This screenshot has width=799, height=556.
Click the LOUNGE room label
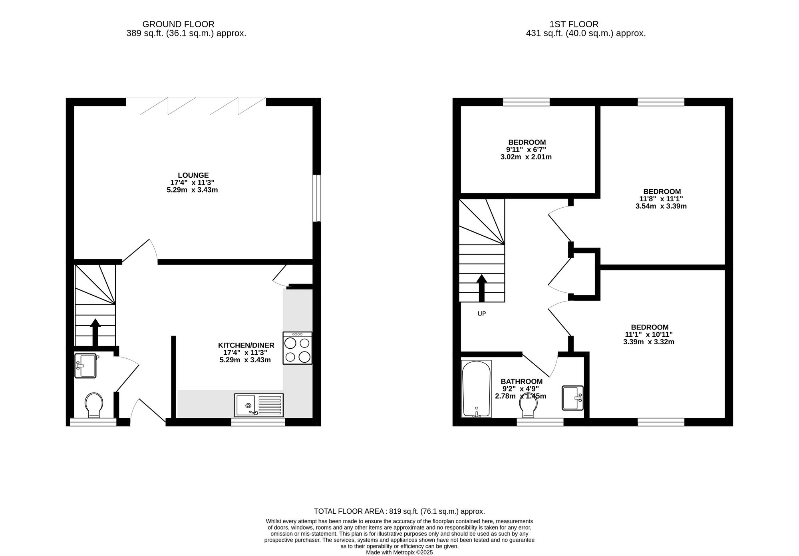pyautogui.click(x=193, y=175)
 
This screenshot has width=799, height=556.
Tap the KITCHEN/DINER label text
pyautogui.click(x=246, y=346)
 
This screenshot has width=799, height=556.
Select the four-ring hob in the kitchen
pyautogui.click(x=297, y=348)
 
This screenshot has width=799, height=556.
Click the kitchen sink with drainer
pyautogui.click(x=259, y=405)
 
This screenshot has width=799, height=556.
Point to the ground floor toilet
pyautogui.click(x=94, y=405)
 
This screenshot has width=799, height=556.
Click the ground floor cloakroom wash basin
pyautogui.click(x=85, y=366)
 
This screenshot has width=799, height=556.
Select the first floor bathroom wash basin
pyautogui.click(x=573, y=398)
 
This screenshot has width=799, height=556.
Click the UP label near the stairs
pyautogui.click(x=482, y=314)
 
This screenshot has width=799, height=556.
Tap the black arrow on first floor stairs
pyautogui.click(x=482, y=288)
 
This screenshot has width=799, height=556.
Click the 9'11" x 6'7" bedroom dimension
pyautogui.click(x=526, y=150)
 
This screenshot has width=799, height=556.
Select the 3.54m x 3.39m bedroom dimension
pyautogui.click(x=661, y=207)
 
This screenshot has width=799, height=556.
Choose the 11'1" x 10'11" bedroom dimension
pyautogui.click(x=649, y=335)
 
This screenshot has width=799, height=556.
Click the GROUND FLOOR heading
pyautogui.click(x=178, y=24)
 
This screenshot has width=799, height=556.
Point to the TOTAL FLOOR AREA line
pyautogui.click(x=399, y=511)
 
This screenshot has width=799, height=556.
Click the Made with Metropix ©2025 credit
pyautogui.click(x=399, y=553)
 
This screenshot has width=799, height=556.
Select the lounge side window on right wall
pyautogui.click(x=317, y=198)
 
